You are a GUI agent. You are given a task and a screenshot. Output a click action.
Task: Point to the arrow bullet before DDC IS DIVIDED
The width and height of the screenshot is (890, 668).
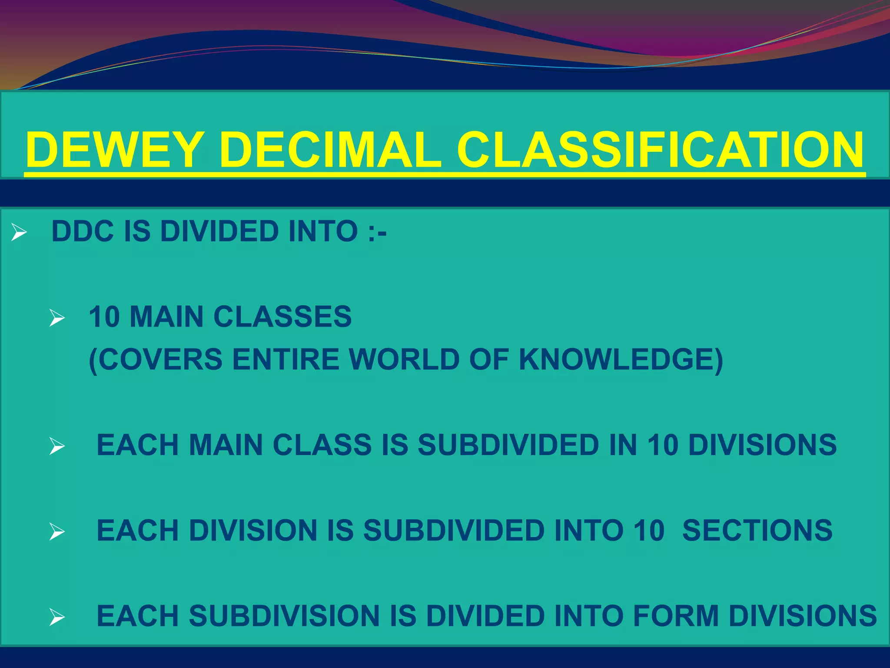click(x=19, y=232)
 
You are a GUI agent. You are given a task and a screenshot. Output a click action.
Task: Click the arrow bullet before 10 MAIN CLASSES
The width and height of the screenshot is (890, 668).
click(x=57, y=317)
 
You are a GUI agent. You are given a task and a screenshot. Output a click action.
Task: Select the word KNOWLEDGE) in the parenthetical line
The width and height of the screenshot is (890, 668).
click(x=621, y=360)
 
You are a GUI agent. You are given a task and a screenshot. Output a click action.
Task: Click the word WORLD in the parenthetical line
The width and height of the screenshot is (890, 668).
click(x=405, y=360)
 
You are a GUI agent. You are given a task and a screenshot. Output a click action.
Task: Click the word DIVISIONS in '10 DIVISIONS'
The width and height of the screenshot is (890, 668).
click(x=762, y=445)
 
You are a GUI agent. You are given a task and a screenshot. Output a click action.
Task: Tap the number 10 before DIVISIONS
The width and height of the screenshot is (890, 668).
click(x=663, y=445)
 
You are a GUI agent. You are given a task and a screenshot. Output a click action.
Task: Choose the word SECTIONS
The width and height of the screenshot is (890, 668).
click(x=757, y=531)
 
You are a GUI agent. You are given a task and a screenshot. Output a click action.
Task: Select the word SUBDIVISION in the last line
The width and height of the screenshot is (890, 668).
click(x=284, y=616)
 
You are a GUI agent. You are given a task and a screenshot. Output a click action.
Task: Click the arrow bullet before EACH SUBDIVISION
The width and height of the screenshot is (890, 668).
click(x=57, y=617)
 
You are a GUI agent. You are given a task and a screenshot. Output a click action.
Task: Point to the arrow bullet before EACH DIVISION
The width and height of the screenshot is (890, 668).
click(x=57, y=532)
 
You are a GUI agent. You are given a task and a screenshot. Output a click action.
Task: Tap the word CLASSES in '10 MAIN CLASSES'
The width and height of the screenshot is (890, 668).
click(x=282, y=317)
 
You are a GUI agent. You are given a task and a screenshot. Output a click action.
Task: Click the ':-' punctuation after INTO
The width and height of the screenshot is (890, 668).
click(x=377, y=232)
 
